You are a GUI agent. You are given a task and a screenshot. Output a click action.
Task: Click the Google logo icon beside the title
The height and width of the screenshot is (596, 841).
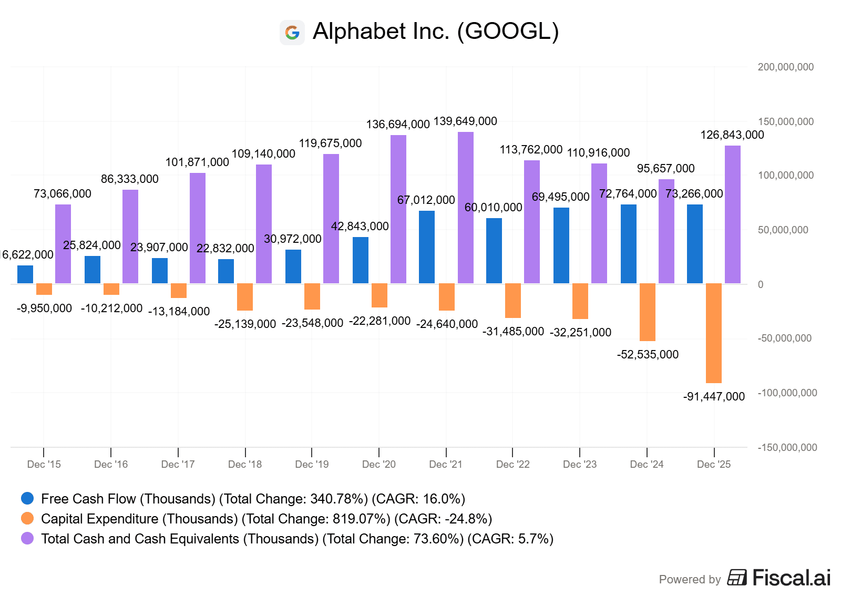tap(292, 33)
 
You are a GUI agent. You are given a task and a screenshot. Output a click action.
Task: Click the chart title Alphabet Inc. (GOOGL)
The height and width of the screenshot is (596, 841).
tap(435, 32)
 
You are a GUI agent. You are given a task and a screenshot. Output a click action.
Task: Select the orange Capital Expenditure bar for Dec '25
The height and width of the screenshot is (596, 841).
tap(713, 333)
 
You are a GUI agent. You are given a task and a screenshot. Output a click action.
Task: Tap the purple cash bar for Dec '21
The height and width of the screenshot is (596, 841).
tap(465, 208)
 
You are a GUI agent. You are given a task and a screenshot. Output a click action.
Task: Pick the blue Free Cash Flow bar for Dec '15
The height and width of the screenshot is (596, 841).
tap(25, 274)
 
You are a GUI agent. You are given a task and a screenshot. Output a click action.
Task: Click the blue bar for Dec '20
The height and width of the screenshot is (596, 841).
tap(360, 260)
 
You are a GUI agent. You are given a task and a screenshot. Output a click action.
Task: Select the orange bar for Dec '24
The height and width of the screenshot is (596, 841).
tap(647, 312)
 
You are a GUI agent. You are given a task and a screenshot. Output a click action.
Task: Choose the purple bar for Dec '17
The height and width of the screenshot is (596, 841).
tap(197, 228)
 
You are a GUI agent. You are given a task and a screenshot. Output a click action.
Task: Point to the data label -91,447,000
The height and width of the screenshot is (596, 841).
tap(713, 397)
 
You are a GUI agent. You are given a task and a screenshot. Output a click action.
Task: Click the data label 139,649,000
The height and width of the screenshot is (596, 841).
tap(465, 121)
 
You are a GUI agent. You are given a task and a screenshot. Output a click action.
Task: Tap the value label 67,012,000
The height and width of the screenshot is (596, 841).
tap(426, 200)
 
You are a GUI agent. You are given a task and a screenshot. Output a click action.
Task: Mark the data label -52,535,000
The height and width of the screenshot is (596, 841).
tap(647, 355)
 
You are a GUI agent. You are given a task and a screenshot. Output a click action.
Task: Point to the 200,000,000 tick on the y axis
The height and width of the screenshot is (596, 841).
tap(785, 67)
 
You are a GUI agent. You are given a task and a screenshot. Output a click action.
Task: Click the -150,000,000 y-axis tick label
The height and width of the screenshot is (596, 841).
tap(787, 448)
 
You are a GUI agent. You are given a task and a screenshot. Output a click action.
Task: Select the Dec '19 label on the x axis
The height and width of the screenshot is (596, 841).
tap(312, 465)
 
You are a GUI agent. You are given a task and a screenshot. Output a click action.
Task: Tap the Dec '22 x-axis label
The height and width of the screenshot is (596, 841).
tap(512, 465)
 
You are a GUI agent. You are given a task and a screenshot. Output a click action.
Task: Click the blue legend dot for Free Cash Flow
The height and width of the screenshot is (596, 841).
tap(27, 498)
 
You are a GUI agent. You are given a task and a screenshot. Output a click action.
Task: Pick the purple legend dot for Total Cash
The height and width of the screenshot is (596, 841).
tap(27, 538)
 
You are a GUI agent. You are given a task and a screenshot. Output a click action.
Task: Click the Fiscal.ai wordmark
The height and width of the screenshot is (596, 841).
tap(791, 578)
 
